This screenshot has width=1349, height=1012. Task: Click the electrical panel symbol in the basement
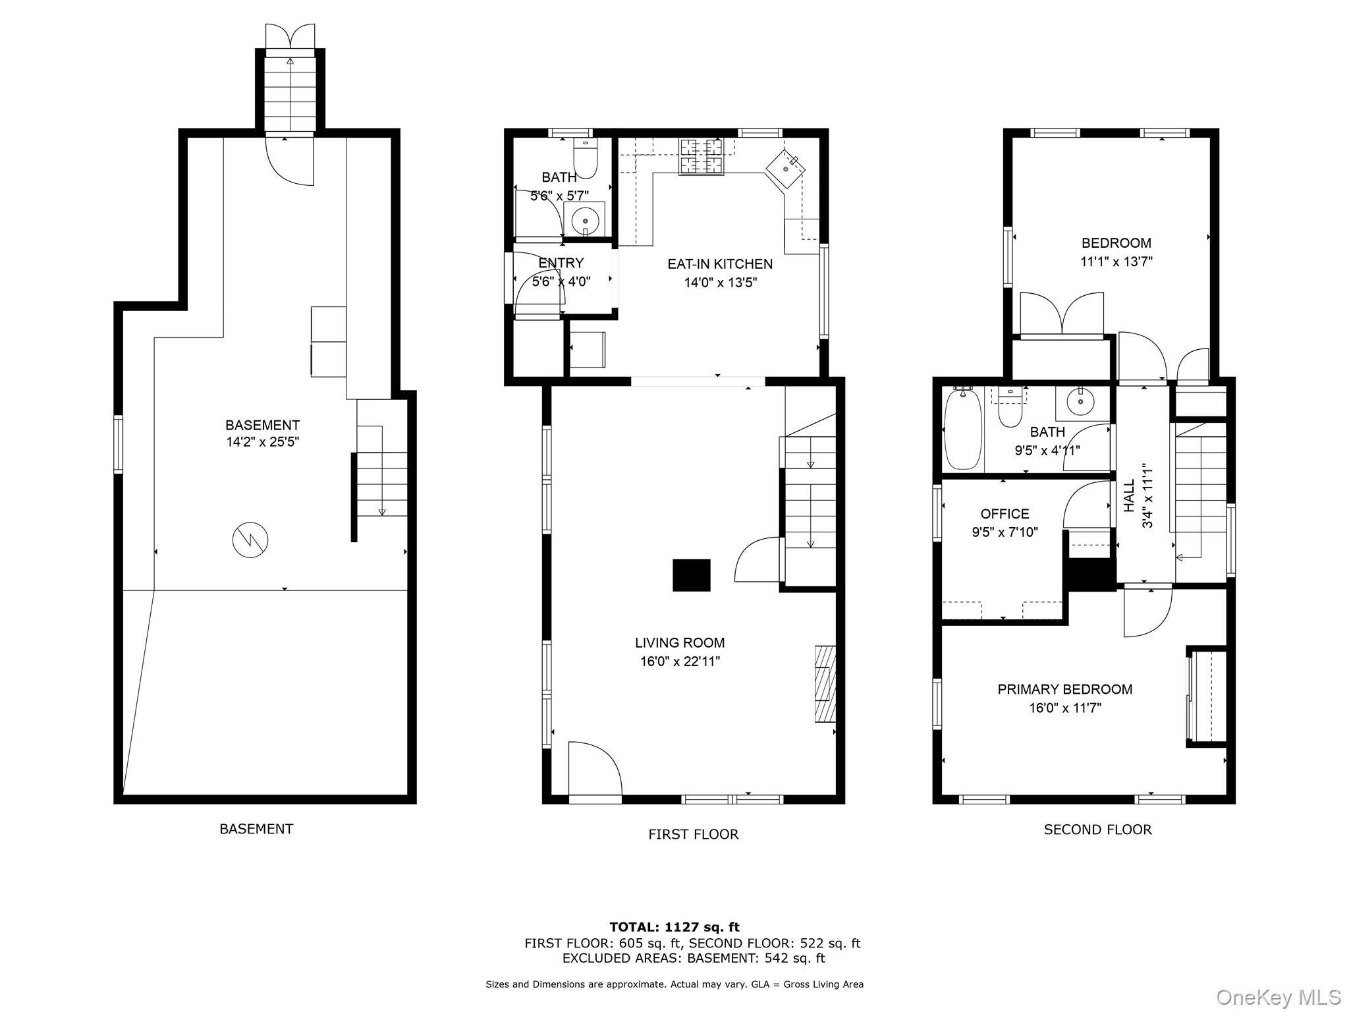250,540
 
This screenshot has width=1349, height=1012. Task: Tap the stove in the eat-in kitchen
701,157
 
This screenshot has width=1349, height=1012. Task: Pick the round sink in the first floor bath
584,219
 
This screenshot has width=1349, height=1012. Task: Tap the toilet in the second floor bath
1010,407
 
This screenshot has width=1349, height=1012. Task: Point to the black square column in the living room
692,575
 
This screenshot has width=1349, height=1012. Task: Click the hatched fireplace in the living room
825,684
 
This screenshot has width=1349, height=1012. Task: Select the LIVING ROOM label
680,642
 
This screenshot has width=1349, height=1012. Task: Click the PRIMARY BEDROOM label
1065,689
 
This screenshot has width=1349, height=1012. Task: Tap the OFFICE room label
1005,514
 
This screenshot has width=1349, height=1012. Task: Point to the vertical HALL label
1129,495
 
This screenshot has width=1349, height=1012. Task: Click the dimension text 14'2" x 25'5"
263,441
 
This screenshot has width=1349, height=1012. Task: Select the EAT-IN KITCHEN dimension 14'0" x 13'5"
720,283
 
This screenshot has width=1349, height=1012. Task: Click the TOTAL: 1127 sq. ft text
674,928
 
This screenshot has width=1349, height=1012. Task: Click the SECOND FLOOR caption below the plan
1097,829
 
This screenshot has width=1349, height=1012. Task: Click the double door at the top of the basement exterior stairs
290,36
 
